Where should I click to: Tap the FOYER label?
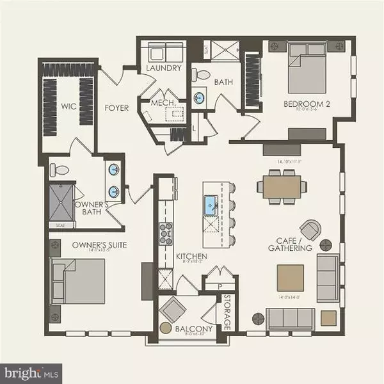point(116,108)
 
